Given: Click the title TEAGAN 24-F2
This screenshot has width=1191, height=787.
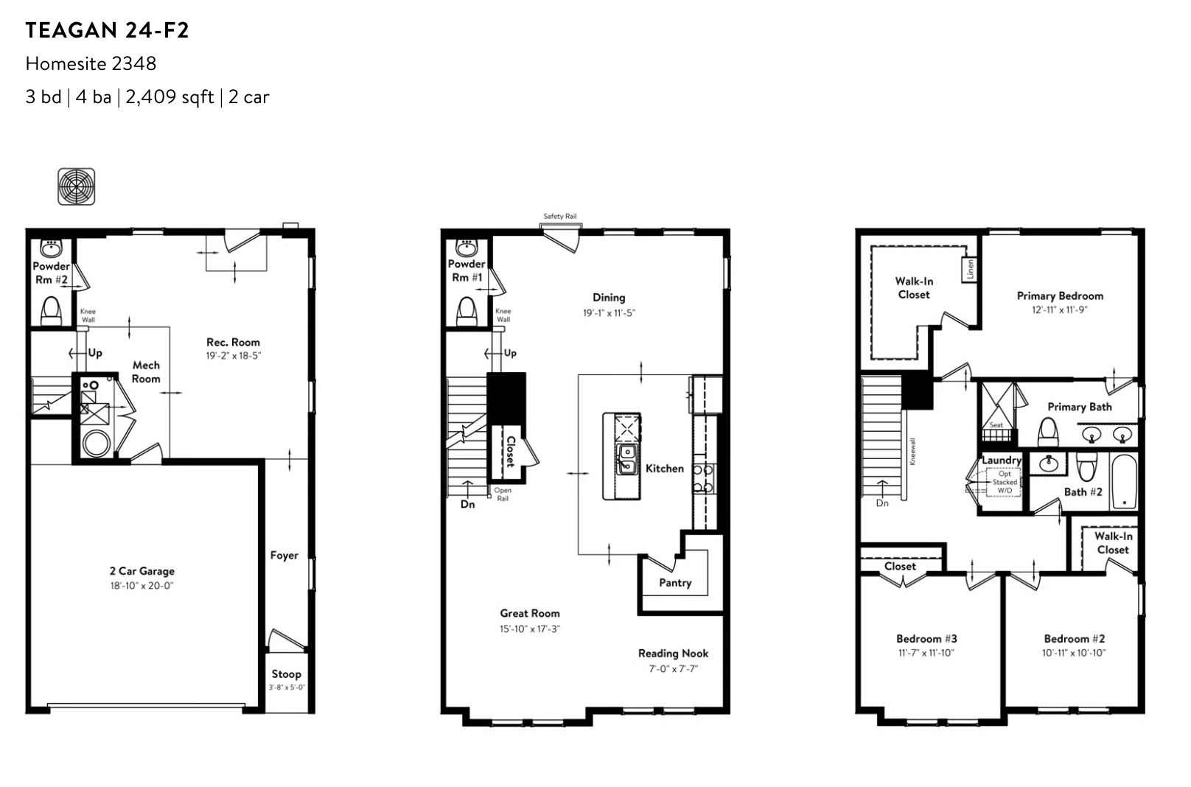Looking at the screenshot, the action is (x=107, y=31).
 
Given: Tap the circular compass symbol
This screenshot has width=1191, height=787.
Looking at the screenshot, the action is (x=77, y=186).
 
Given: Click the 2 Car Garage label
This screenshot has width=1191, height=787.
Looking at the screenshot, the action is (x=142, y=571).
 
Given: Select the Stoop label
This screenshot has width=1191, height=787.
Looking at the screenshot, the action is (x=286, y=674).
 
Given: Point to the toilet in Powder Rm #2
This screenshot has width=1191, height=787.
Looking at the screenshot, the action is (x=52, y=311).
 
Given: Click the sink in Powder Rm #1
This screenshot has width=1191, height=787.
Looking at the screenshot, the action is (x=467, y=248).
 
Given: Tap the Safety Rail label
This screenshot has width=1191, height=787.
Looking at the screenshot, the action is (x=560, y=217).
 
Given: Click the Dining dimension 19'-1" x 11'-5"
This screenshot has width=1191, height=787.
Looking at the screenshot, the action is (x=609, y=313).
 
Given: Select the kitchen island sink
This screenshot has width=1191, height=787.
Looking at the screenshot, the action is (x=626, y=460).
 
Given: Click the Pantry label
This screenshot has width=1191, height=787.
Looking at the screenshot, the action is (x=675, y=583).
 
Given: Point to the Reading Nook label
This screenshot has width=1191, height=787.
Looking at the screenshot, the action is (x=673, y=654).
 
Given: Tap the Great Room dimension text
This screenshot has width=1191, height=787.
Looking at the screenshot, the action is (x=530, y=629).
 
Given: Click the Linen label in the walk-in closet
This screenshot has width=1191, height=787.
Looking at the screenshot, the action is (x=971, y=269).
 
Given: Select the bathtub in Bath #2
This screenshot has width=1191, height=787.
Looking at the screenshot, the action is (x=1124, y=481).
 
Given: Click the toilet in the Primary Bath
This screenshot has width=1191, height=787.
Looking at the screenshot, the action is (x=1048, y=432).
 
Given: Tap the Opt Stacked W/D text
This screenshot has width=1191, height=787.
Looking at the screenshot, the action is (x=1005, y=483).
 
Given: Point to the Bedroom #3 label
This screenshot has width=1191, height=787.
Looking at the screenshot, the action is (x=926, y=639).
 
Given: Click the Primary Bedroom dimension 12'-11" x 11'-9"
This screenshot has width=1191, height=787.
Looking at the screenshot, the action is (x=1060, y=310).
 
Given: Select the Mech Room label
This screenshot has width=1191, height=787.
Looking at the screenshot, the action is (x=146, y=372).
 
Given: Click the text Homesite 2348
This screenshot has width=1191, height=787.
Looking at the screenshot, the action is (x=91, y=64).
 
